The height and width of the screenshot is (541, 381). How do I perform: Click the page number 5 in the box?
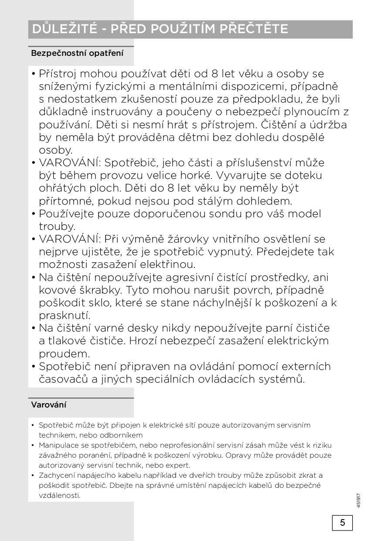point(342,522)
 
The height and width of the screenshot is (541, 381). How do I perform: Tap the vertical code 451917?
point(358,500)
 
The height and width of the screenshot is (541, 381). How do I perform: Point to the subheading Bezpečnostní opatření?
point(77,53)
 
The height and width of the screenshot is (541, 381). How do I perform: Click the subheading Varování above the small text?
point(49,404)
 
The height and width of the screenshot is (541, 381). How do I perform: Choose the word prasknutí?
point(65,315)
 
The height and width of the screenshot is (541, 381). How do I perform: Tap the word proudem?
point(65,353)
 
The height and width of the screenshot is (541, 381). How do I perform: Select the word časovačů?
point(64,379)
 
